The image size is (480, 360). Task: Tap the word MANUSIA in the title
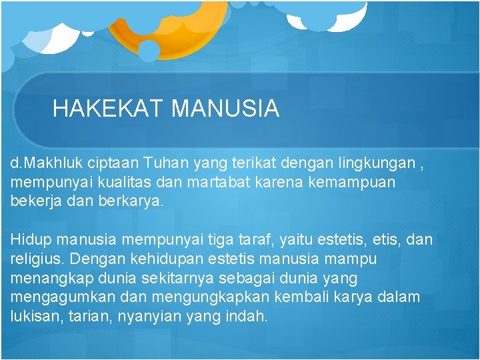[x=225, y=108]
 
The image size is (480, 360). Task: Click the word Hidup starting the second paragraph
[x=31, y=239]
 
